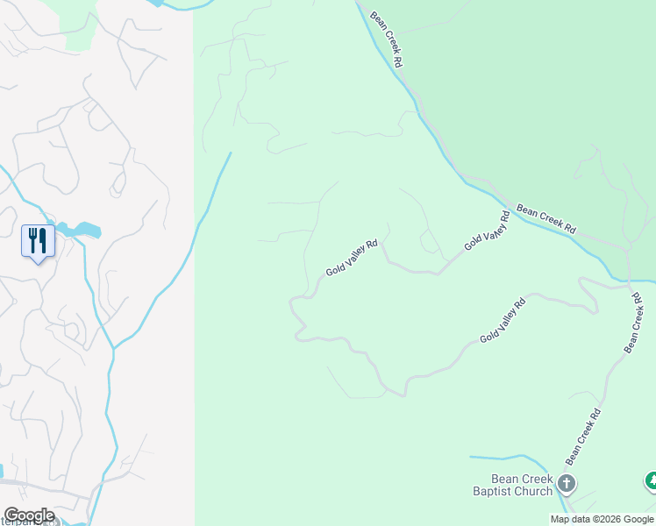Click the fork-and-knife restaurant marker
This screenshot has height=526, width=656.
click(38, 240)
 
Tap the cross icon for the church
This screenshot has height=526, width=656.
click(567, 482)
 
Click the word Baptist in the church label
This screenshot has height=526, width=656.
click(495, 492)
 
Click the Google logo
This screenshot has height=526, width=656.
click(28, 515)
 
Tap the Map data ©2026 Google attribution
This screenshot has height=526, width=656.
click(603, 519)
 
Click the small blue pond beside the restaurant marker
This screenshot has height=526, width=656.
click(84, 230)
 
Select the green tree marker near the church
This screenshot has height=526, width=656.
click(651, 480)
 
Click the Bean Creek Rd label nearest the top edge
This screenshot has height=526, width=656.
click(386, 39)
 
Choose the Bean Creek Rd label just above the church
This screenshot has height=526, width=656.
click(583, 437)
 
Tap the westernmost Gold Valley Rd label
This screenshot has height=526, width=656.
click(352, 258)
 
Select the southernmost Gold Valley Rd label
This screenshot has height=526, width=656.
click(503, 321)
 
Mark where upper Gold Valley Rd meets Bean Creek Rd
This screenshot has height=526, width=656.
click(513, 210)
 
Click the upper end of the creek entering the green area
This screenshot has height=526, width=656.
click(230, 154)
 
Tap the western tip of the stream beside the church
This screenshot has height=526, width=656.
click(472, 457)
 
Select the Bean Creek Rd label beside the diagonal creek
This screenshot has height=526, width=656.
click(546, 218)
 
